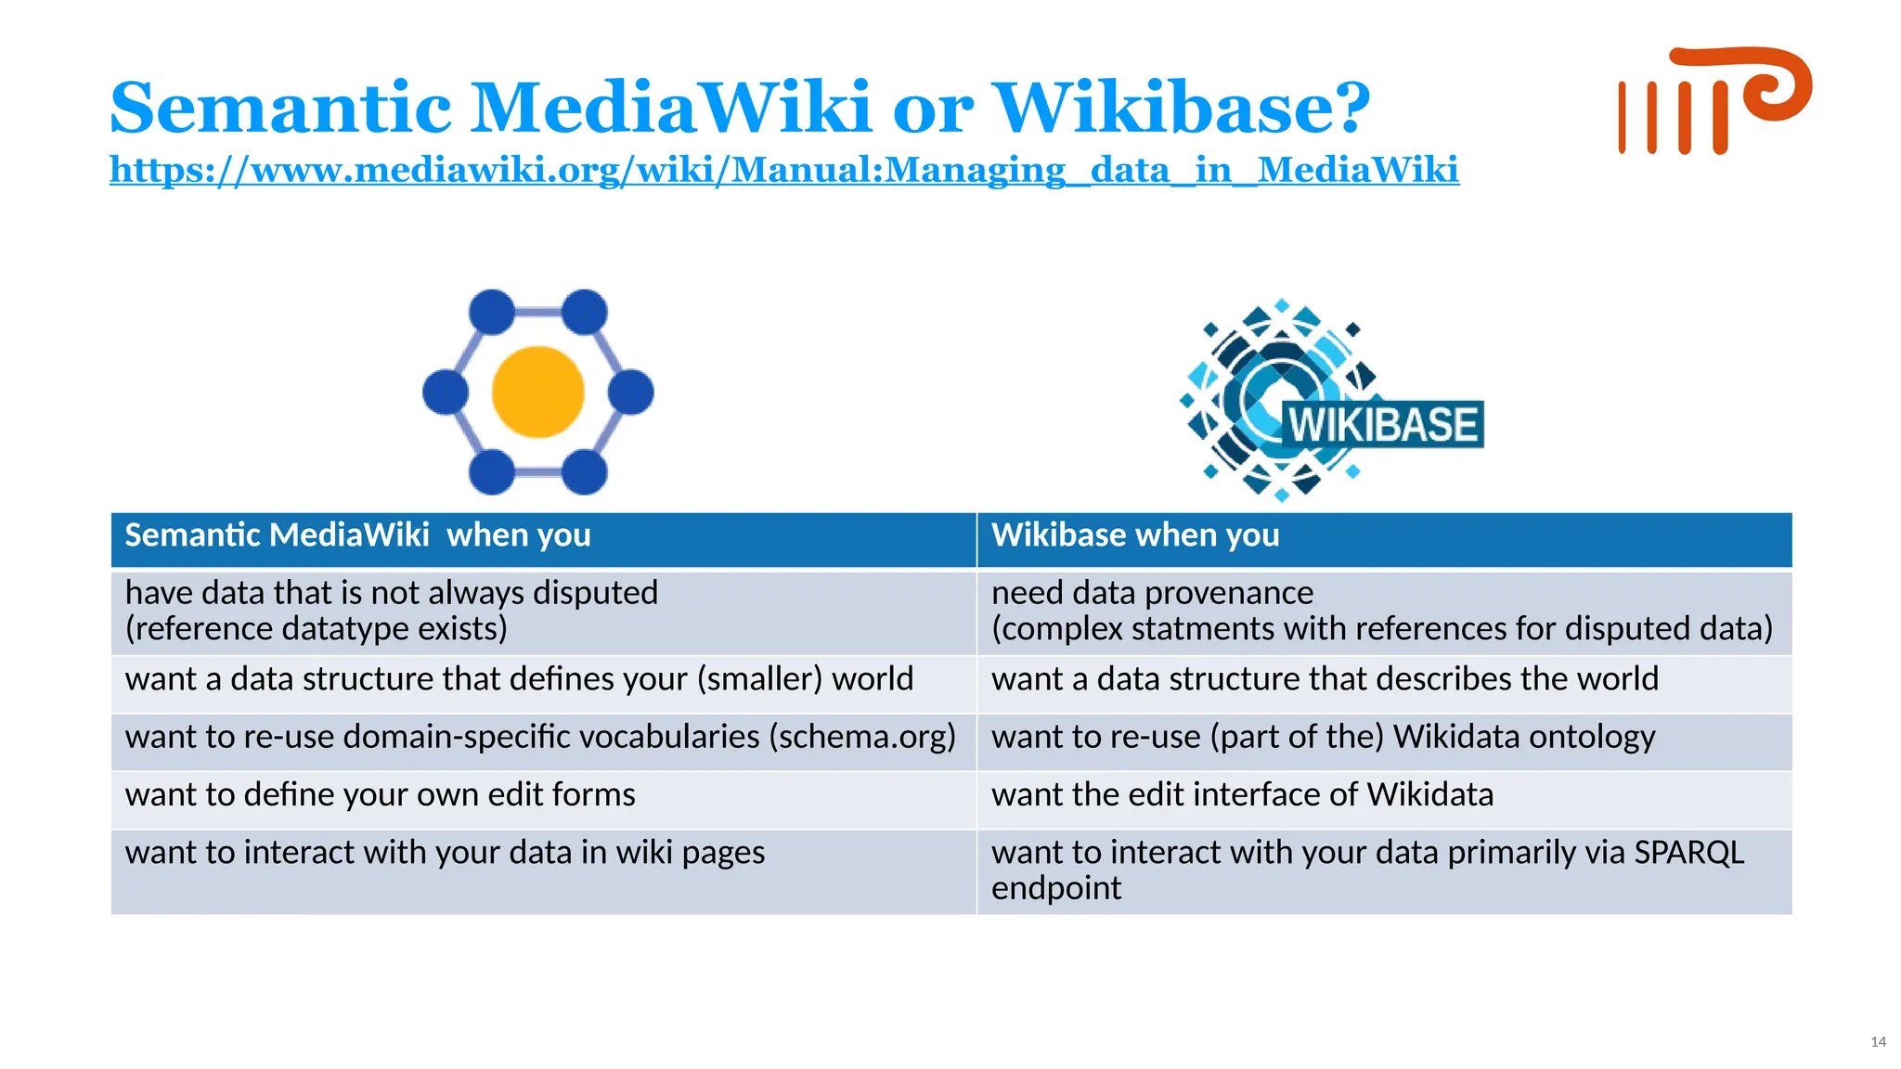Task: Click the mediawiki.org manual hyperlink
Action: (x=783, y=170)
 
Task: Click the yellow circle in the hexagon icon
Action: (x=537, y=392)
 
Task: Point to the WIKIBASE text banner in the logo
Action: (x=1382, y=424)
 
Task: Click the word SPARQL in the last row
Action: (x=1688, y=853)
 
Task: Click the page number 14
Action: (x=1878, y=1042)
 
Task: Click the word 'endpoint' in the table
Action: (x=1055, y=889)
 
